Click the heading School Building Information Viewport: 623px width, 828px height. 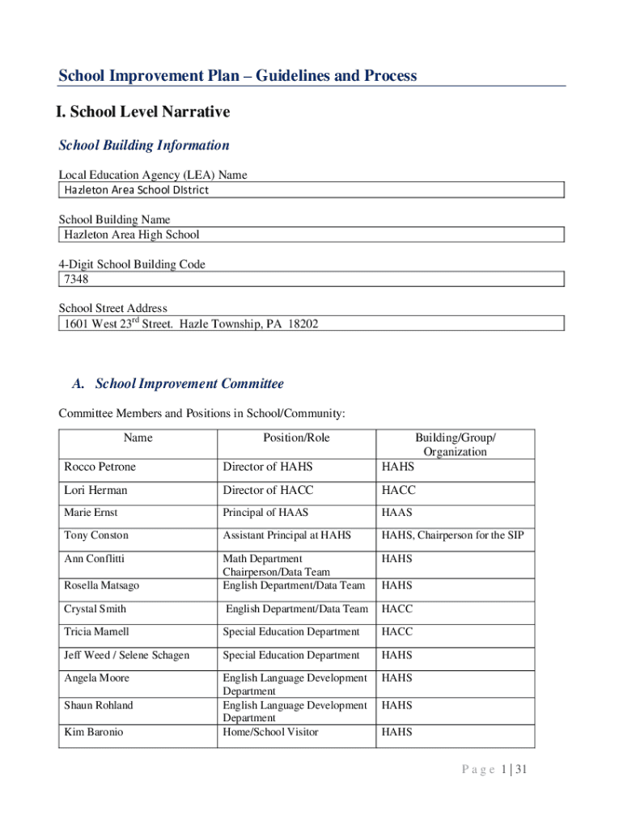144,146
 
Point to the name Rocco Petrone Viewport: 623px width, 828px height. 100,467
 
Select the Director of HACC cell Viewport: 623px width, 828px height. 268,490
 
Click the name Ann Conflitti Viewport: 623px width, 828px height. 95,559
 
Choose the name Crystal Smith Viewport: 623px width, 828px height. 95,609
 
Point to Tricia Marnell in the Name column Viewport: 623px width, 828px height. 96,632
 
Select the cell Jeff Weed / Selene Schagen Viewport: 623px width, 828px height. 126,655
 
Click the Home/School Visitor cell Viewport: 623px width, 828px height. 270,732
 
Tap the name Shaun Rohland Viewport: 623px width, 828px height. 99,705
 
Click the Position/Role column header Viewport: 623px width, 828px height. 296,437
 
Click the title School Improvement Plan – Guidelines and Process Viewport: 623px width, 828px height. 238,76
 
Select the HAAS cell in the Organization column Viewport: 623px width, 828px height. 397,513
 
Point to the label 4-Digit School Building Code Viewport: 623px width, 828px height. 132,264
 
